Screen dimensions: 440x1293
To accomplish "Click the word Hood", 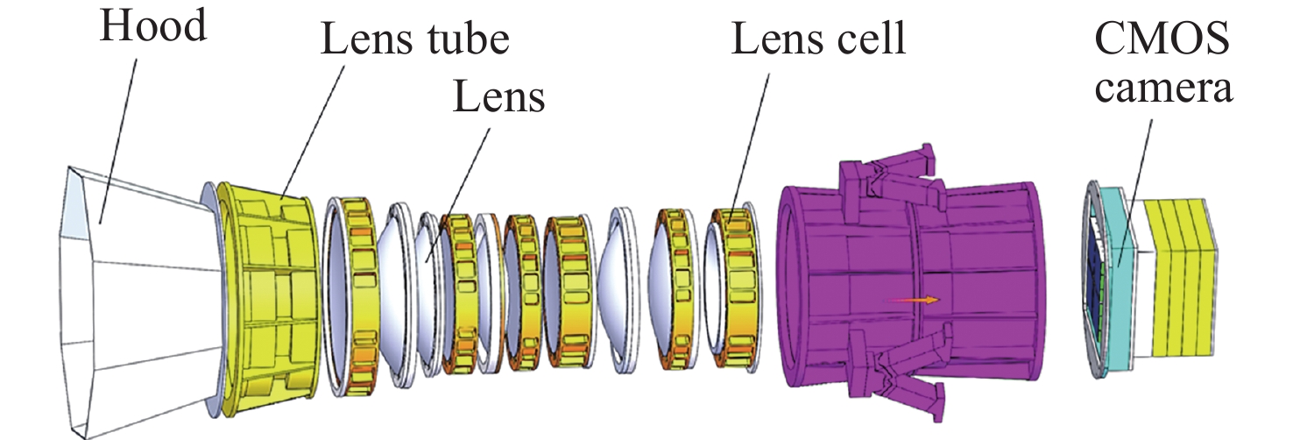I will pos(152,27).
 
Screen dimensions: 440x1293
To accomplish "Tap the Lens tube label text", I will pos(414,40).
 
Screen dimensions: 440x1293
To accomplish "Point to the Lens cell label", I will pos(818,40).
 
